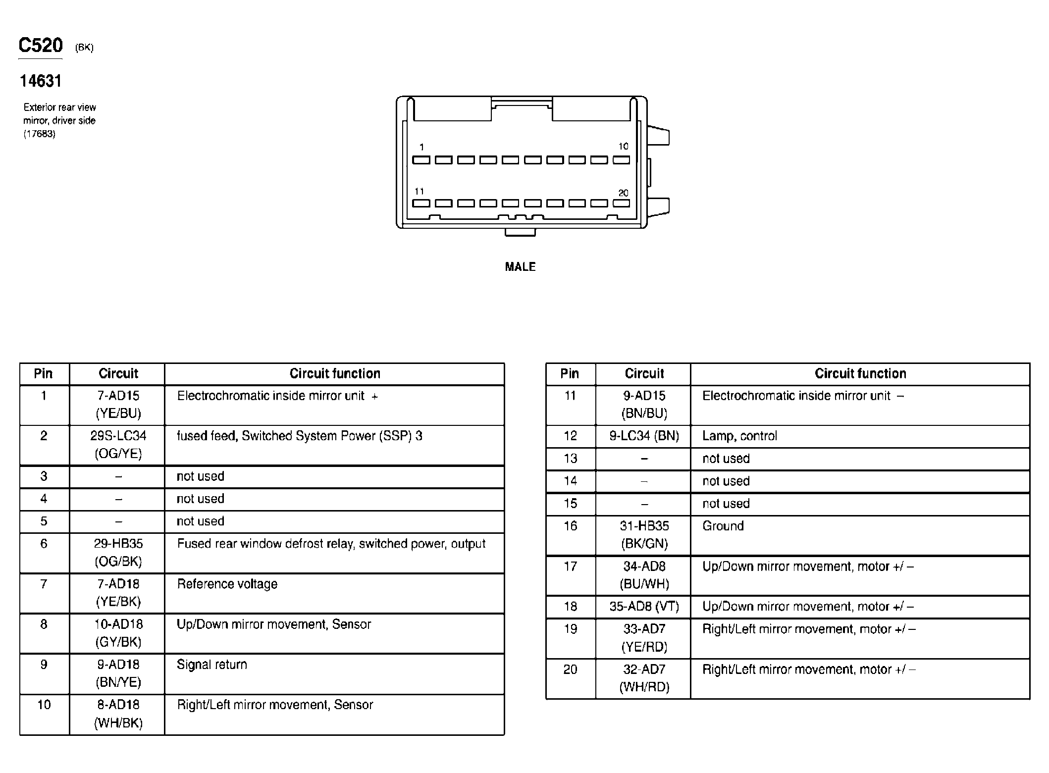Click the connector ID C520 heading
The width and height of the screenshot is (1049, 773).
tap(41, 46)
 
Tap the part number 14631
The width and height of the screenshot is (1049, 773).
tap(41, 81)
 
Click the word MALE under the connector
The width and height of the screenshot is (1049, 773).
tap(520, 267)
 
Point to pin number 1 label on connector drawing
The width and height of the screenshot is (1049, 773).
tap(421, 147)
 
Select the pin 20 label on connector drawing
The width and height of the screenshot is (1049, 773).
tap(623, 193)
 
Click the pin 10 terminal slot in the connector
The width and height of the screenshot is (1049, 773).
tap(621, 160)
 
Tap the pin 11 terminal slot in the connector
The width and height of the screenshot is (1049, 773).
tap(421, 204)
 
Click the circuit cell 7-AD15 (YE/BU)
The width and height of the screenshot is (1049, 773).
tap(118, 405)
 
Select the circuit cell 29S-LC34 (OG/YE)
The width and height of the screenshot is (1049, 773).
tap(118, 445)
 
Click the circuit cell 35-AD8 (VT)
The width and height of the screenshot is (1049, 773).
tap(644, 607)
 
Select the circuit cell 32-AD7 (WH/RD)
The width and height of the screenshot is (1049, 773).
tap(644, 678)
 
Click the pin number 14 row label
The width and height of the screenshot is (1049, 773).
tap(570, 481)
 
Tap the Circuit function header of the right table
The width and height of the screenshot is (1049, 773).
tap(860, 374)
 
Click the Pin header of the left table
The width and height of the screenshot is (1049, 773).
tap(44, 374)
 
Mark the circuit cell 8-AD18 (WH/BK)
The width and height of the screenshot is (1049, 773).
tap(118, 714)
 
